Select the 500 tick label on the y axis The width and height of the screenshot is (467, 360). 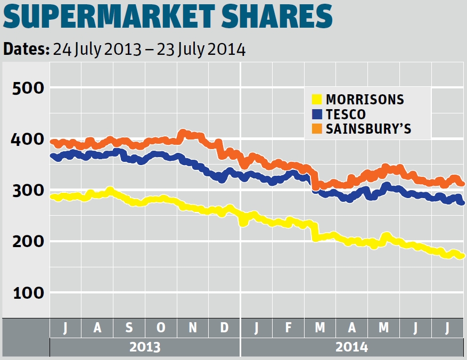[27, 87]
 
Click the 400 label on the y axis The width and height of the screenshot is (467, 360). [27, 139]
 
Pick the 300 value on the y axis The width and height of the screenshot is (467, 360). [27, 190]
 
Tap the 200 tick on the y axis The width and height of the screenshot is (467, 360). [27, 241]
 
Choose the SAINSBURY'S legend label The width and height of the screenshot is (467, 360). [368, 129]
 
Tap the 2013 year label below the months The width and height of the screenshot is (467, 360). [145, 347]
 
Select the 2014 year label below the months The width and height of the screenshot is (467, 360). [351, 347]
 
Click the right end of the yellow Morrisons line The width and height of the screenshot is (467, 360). [462, 256]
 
